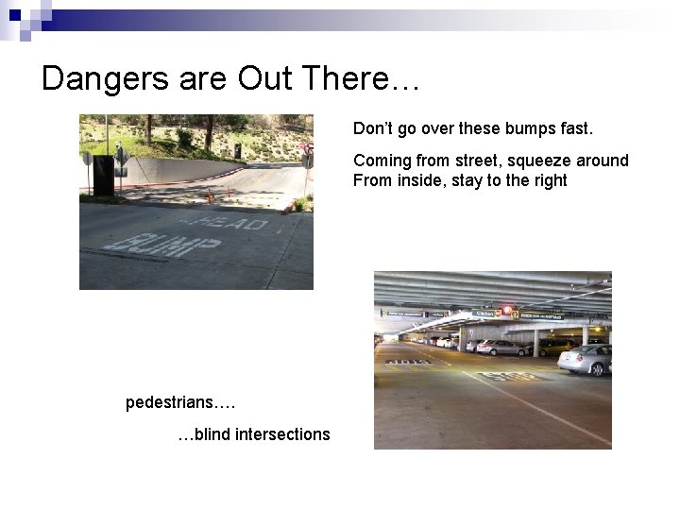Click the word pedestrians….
tap(180, 403)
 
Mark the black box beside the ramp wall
tap(103, 176)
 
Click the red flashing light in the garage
tap(506, 309)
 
